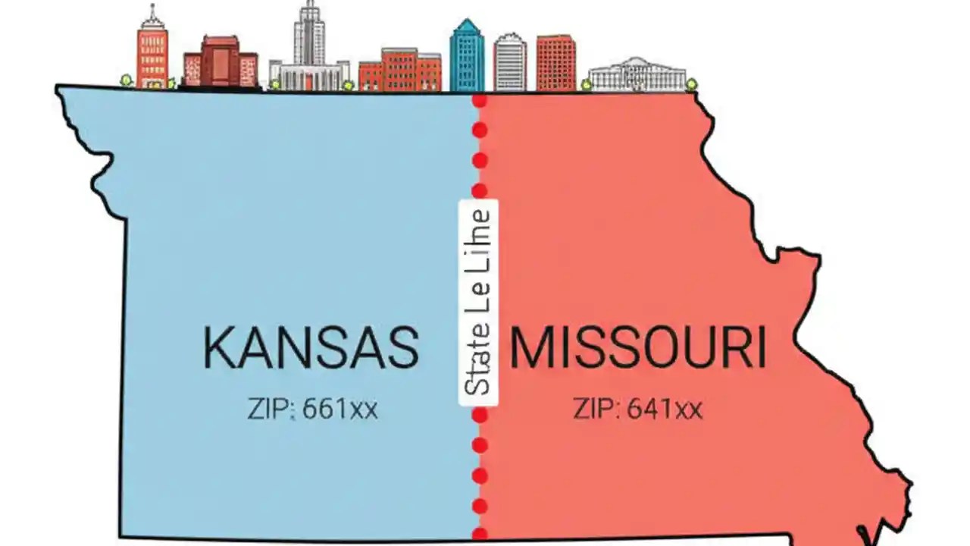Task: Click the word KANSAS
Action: [311, 347]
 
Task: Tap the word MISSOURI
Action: [637, 348]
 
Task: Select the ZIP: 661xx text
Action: [312, 409]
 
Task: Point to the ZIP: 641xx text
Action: [637, 409]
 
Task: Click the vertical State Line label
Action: [478, 302]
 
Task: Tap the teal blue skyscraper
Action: [467, 58]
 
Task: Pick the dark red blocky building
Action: [221, 64]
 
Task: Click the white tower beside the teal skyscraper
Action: [510, 62]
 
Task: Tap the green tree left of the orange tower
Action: [127, 80]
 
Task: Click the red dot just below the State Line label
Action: [479, 416]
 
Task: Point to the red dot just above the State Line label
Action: [479, 190]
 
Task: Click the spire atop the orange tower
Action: [153, 11]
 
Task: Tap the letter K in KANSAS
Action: [220, 347]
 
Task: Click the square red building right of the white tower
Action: [555, 63]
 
